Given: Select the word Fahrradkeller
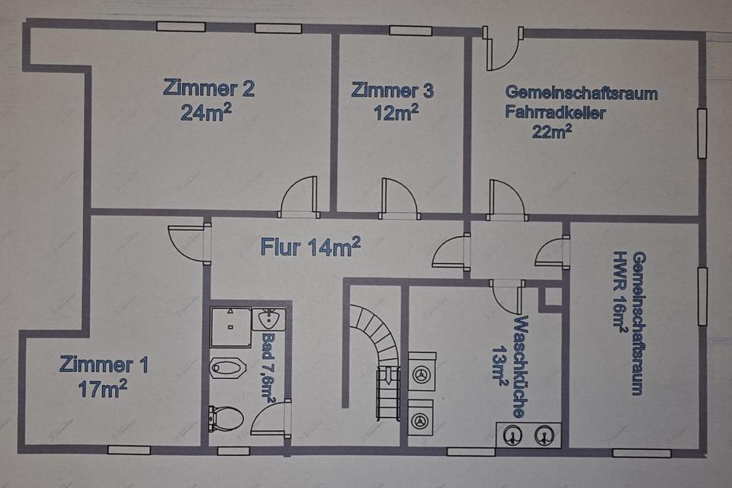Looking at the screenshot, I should point(555,113).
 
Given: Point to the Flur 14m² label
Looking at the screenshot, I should point(310,246).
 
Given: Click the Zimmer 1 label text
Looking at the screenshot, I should point(104,364).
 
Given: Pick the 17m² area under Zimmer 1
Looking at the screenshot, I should point(102,389).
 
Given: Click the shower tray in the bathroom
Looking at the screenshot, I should point(230,326).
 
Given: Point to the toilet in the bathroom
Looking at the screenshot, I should point(226,418).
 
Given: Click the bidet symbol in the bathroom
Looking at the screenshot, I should point(227,368).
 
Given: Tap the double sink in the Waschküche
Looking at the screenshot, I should point(528,435).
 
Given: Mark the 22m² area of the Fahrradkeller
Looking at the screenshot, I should point(553,130).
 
